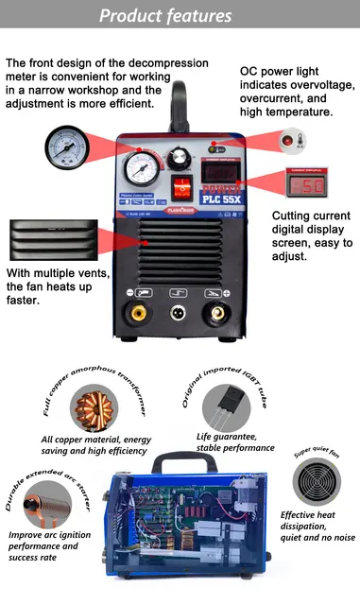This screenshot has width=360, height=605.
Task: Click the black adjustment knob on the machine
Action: coord(179,158)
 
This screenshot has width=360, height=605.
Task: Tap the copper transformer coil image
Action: coord(94,406)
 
